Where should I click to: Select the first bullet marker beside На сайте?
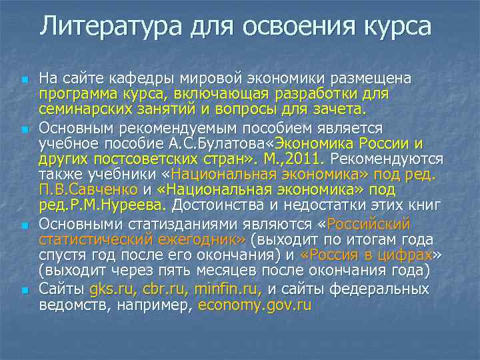pos(25,80)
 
